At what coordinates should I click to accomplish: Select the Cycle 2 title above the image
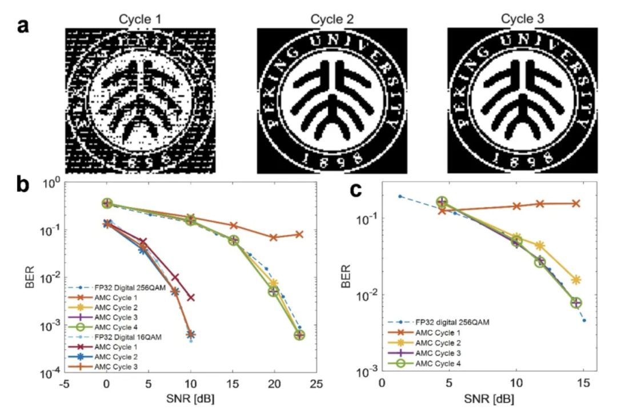tap(332, 19)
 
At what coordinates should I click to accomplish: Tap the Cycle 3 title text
tap(523, 19)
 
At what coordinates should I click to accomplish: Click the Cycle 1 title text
tap(139, 19)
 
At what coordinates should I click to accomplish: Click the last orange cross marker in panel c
tap(576, 203)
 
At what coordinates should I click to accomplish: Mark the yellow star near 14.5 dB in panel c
tap(576, 280)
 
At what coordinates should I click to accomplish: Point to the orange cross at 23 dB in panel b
tap(299, 234)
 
